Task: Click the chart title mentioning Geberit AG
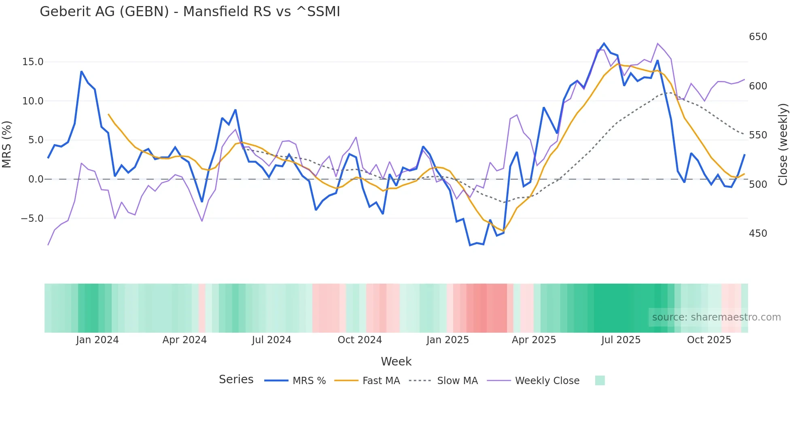click(190, 11)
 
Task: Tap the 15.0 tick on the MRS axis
click(32, 62)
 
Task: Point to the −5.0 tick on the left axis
click(32, 219)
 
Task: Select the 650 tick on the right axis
click(758, 37)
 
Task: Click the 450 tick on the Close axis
click(758, 234)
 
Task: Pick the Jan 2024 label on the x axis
click(97, 340)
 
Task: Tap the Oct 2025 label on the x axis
click(709, 340)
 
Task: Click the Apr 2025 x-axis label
click(534, 340)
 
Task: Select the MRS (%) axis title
click(7, 144)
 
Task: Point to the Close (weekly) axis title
click(783, 144)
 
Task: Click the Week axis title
click(396, 361)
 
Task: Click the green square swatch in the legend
click(600, 380)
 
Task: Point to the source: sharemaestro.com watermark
click(716, 317)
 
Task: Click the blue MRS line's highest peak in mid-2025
click(604, 43)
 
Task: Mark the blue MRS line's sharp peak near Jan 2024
click(81, 72)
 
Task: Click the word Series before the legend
click(236, 380)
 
